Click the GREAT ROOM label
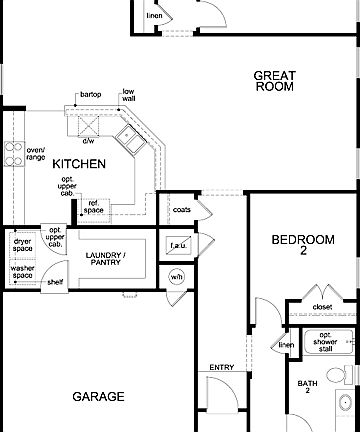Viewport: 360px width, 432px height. [273, 80]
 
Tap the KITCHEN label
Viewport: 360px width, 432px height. [80, 163]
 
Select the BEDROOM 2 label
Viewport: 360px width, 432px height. [302, 246]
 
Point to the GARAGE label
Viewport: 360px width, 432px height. [99, 397]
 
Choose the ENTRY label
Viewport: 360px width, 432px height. [221, 368]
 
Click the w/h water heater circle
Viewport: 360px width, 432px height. [176, 277]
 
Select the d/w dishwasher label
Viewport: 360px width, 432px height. [89, 141]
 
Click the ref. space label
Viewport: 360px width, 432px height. [93, 206]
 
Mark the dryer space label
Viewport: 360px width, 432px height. [22, 245]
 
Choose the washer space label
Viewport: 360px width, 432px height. [22, 272]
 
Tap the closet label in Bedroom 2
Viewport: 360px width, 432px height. [322, 307]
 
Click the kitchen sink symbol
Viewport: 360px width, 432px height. [131, 136]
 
